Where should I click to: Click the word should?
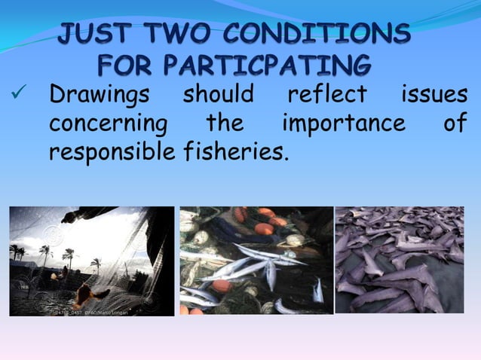click(x=219, y=96)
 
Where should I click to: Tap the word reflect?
click(x=326, y=96)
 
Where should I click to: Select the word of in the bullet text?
click(x=454, y=124)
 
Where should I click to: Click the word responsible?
click(x=113, y=152)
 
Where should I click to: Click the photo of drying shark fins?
click(x=400, y=260)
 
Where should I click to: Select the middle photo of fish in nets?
click(x=256, y=261)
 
